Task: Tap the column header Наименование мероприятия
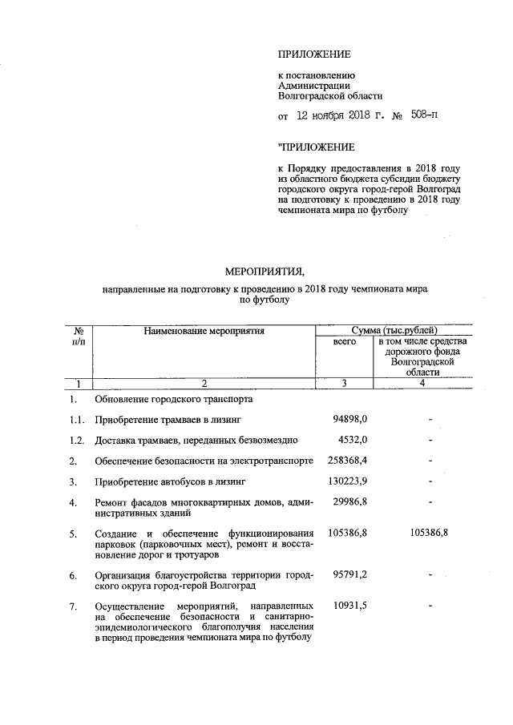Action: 204,330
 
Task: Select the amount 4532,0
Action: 353,440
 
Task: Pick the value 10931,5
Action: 350,605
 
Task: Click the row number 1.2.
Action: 77,440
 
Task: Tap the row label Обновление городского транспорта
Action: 173,398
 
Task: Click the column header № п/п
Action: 79,336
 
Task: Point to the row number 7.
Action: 73,606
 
